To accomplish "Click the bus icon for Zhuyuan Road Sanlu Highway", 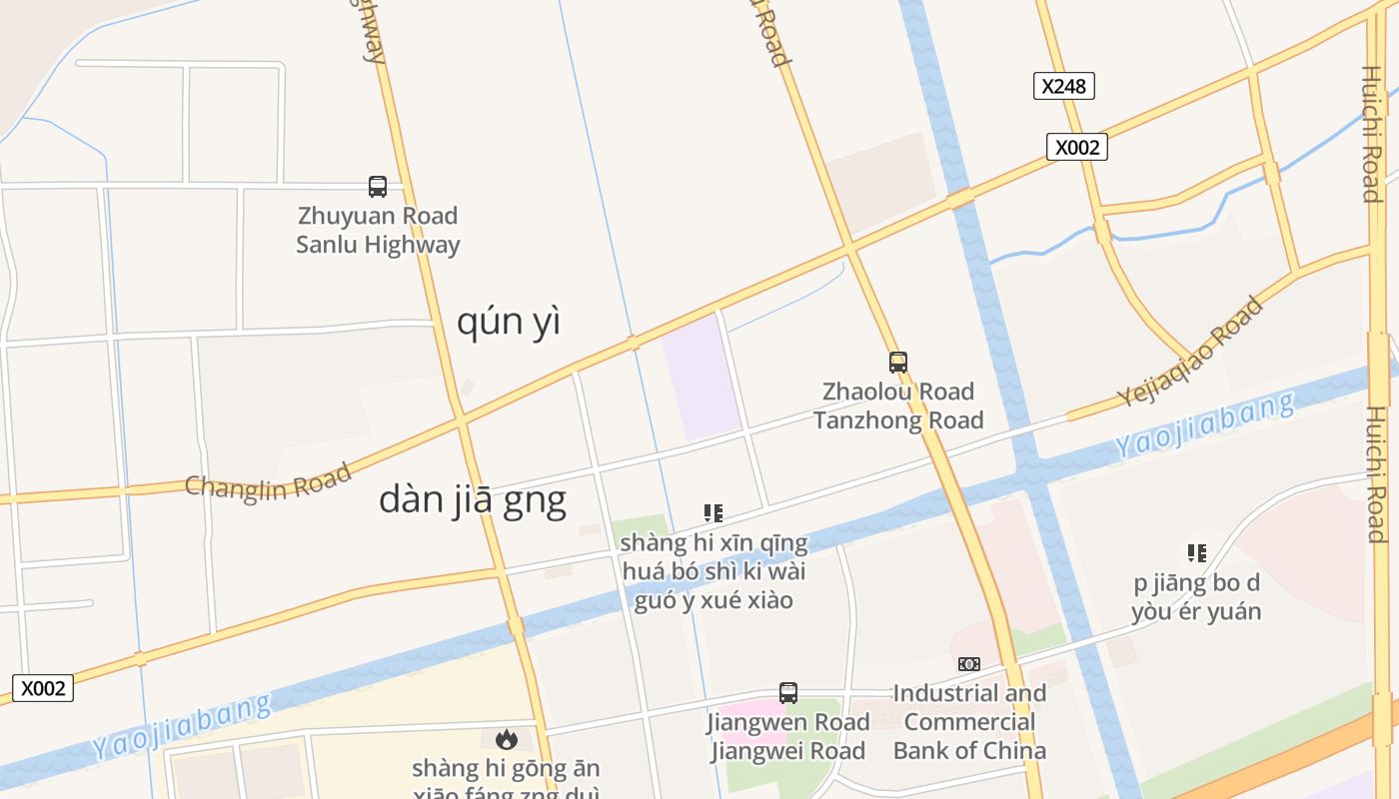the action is coord(378,186).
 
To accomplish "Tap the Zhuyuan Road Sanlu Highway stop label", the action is coord(378,230).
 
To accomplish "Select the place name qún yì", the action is coord(508,322).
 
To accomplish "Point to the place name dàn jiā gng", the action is coord(472,499).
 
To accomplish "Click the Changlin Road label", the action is coord(268,481).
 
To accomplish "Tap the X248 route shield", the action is coord(1063,86).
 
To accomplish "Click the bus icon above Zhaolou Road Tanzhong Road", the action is coord(898,362).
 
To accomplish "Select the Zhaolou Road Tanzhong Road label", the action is coord(898,405).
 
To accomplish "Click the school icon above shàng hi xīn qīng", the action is coord(713,513).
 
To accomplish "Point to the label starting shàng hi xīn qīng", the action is coord(713,571).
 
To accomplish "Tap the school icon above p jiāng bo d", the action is coord(1196,552).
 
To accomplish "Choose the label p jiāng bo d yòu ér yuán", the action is coord(1196,597).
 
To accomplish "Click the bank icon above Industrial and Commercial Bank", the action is coord(969,664).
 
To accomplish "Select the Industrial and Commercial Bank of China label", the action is coord(969,721).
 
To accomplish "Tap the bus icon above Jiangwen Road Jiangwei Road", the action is coord(788,692).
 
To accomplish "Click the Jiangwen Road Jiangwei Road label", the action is coord(788,736).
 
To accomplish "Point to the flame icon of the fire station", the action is coord(507,739).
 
